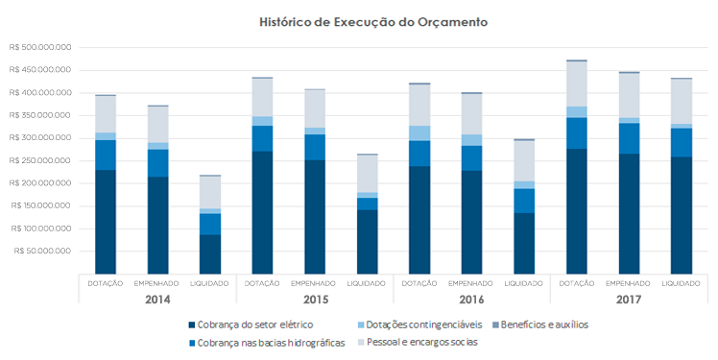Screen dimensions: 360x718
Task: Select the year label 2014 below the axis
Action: tap(157, 300)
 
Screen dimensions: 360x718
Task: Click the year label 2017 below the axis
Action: tap(629, 300)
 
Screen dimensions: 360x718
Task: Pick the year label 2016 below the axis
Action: tap(471, 300)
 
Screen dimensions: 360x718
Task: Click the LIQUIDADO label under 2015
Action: tap(367, 283)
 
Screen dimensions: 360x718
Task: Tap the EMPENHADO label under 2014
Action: tap(157, 283)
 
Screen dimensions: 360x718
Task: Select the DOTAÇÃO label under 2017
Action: tap(576, 283)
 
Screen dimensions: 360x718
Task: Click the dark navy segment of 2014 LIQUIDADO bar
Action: tap(209, 254)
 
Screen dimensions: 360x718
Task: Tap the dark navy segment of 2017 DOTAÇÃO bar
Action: tap(576, 211)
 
